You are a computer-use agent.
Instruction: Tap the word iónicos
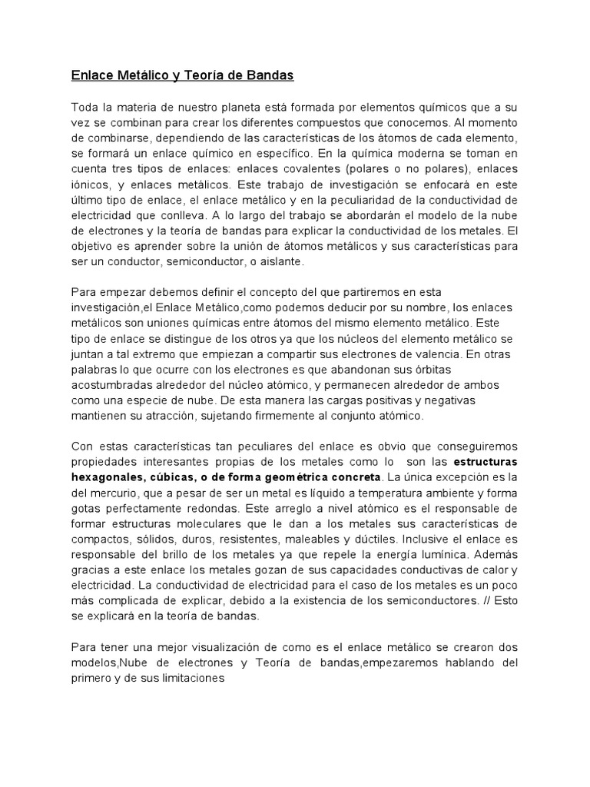89,185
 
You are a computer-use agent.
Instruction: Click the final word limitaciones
189,679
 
